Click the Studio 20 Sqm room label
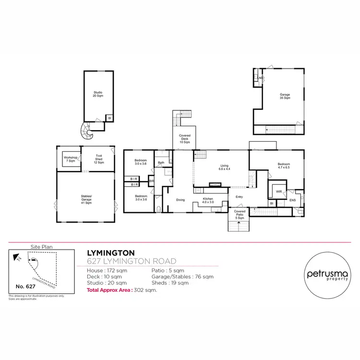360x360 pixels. point(98,94)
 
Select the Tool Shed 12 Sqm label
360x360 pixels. point(99,159)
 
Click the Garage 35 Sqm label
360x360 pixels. point(285,96)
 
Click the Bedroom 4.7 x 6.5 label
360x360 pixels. point(284,166)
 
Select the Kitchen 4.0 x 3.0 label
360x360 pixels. point(207,200)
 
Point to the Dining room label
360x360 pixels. point(180,200)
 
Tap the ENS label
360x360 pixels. point(293,200)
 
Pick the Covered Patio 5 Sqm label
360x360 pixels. point(239,214)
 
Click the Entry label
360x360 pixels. point(239,197)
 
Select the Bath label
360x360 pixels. point(161,163)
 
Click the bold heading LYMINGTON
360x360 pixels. point(111,252)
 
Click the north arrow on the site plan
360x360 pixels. point(17,258)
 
